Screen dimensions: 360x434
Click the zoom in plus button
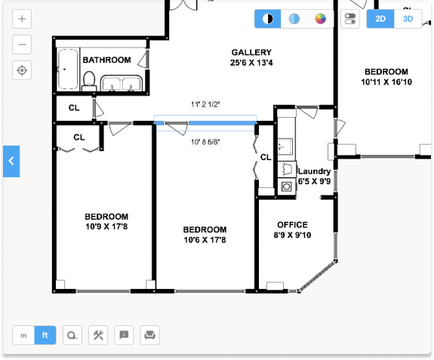(23, 19)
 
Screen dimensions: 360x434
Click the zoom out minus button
(23, 45)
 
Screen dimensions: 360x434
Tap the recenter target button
(23, 70)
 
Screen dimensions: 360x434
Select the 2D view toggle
(380, 19)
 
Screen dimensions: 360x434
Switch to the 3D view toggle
(408, 19)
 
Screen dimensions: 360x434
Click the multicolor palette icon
(320, 19)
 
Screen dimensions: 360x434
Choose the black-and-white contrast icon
(267, 19)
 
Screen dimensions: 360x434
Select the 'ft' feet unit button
(45, 335)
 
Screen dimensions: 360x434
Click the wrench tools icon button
(98, 335)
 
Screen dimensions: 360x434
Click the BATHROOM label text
(106, 60)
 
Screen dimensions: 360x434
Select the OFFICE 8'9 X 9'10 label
(292, 229)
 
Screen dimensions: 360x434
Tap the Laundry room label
(314, 176)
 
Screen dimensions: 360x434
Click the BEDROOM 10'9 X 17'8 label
(106, 221)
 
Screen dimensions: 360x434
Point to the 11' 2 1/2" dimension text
(207, 106)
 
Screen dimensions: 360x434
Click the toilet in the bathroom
(89, 80)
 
